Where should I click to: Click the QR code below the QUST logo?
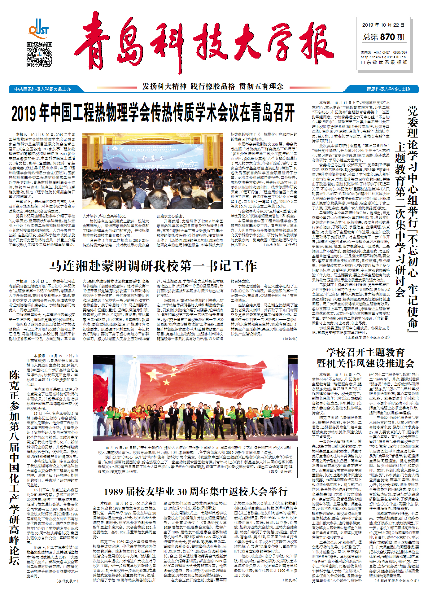39,55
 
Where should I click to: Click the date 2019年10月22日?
383,25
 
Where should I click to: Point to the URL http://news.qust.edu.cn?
383,57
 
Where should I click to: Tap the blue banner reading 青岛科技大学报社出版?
388,89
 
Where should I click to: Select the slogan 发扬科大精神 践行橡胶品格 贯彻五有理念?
213,86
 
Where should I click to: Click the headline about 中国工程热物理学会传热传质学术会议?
153,113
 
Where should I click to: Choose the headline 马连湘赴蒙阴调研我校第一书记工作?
153,266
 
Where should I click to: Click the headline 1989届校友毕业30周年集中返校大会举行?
195,492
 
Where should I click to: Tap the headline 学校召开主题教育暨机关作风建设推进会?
365,357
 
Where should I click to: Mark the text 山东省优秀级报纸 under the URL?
383,63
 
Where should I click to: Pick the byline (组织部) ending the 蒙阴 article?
290,339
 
